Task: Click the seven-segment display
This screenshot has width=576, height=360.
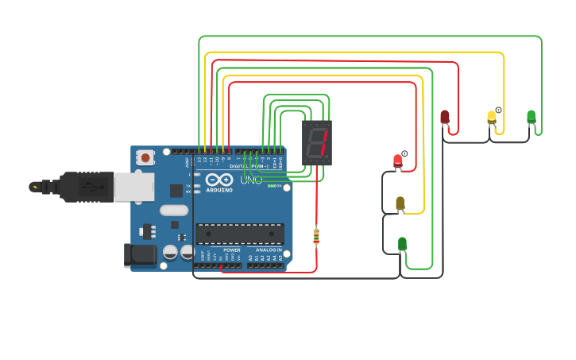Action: (x=316, y=142)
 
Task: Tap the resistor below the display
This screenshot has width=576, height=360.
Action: (x=316, y=235)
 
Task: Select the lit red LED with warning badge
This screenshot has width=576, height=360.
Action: (x=398, y=161)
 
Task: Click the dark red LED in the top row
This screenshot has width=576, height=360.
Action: (x=445, y=118)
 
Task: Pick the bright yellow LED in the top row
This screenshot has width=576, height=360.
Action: (x=492, y=118)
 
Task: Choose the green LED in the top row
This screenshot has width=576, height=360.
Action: (x=531, y=117)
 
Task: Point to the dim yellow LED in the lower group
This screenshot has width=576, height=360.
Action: (x=400, y=203)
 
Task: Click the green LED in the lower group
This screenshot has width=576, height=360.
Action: (x=402, y=243)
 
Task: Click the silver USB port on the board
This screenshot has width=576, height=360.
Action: (x=133, y=187)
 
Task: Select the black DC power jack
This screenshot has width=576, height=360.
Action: (x=138, y=254)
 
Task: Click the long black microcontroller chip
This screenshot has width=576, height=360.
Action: (x=240, y=234)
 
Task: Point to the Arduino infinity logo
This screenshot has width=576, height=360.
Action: (x=219, y=180)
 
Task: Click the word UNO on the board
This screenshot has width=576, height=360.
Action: (x=252, y=180)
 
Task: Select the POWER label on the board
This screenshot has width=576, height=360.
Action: (x=232, y=250)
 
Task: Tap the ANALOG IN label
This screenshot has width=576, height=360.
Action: (x=269, y=250)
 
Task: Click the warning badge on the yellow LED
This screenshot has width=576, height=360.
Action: (x=499, y=110)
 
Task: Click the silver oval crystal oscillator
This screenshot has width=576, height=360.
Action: (x=174, y=211)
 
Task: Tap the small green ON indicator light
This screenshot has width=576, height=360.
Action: (x=271, y=186)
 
